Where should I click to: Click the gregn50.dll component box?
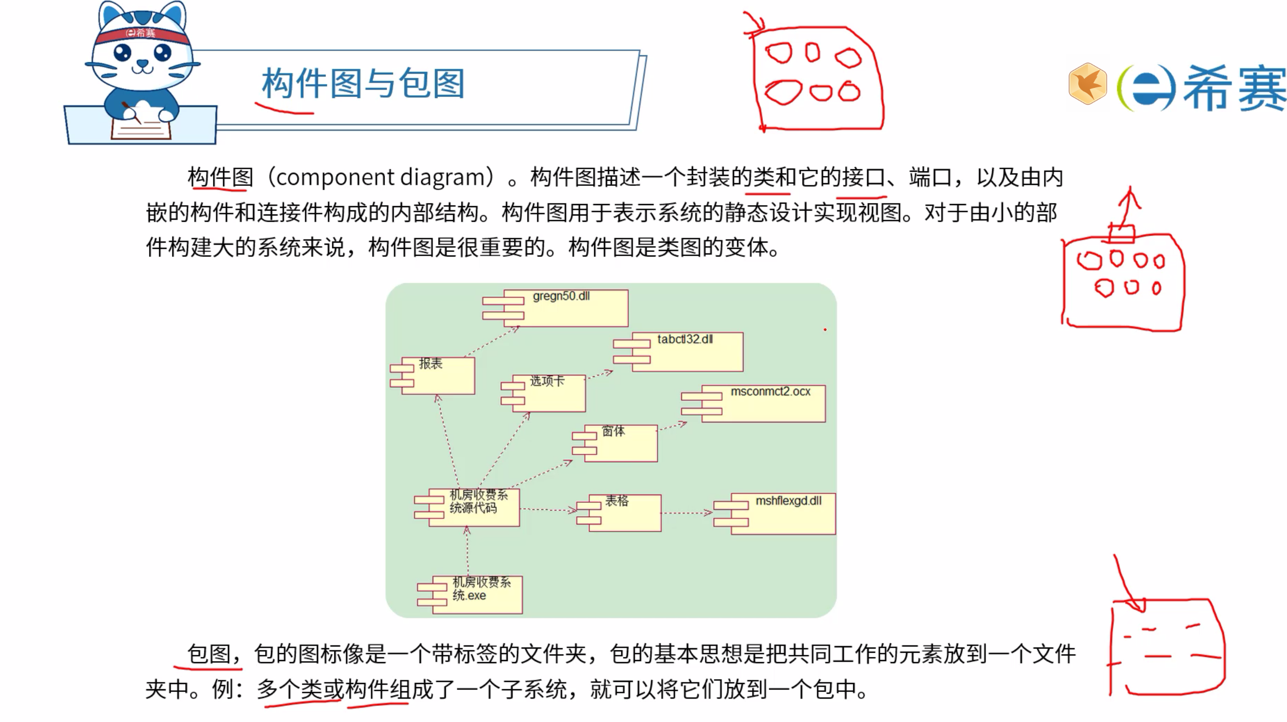click(564, 308)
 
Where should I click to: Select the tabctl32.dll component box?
click(687, 352)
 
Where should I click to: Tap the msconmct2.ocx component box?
click(763, 403)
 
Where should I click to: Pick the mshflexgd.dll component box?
click(782, 514)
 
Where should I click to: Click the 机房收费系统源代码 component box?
click(473, 507)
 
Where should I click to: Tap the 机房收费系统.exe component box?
click(477, 594)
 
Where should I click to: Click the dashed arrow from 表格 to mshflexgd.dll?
click(687, 513)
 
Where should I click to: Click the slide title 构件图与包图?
click(363, 83)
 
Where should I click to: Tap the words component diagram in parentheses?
click(380, 178)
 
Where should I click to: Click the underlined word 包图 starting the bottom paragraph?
click(209, 654)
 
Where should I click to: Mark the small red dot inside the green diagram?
click(825, 330)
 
